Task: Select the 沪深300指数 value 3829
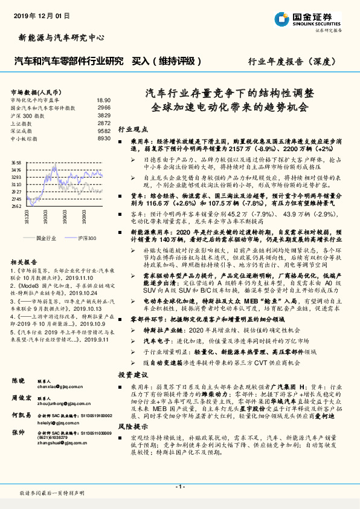[104, 114]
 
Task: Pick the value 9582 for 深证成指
[104, 130]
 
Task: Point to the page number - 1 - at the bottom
[179, 486]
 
